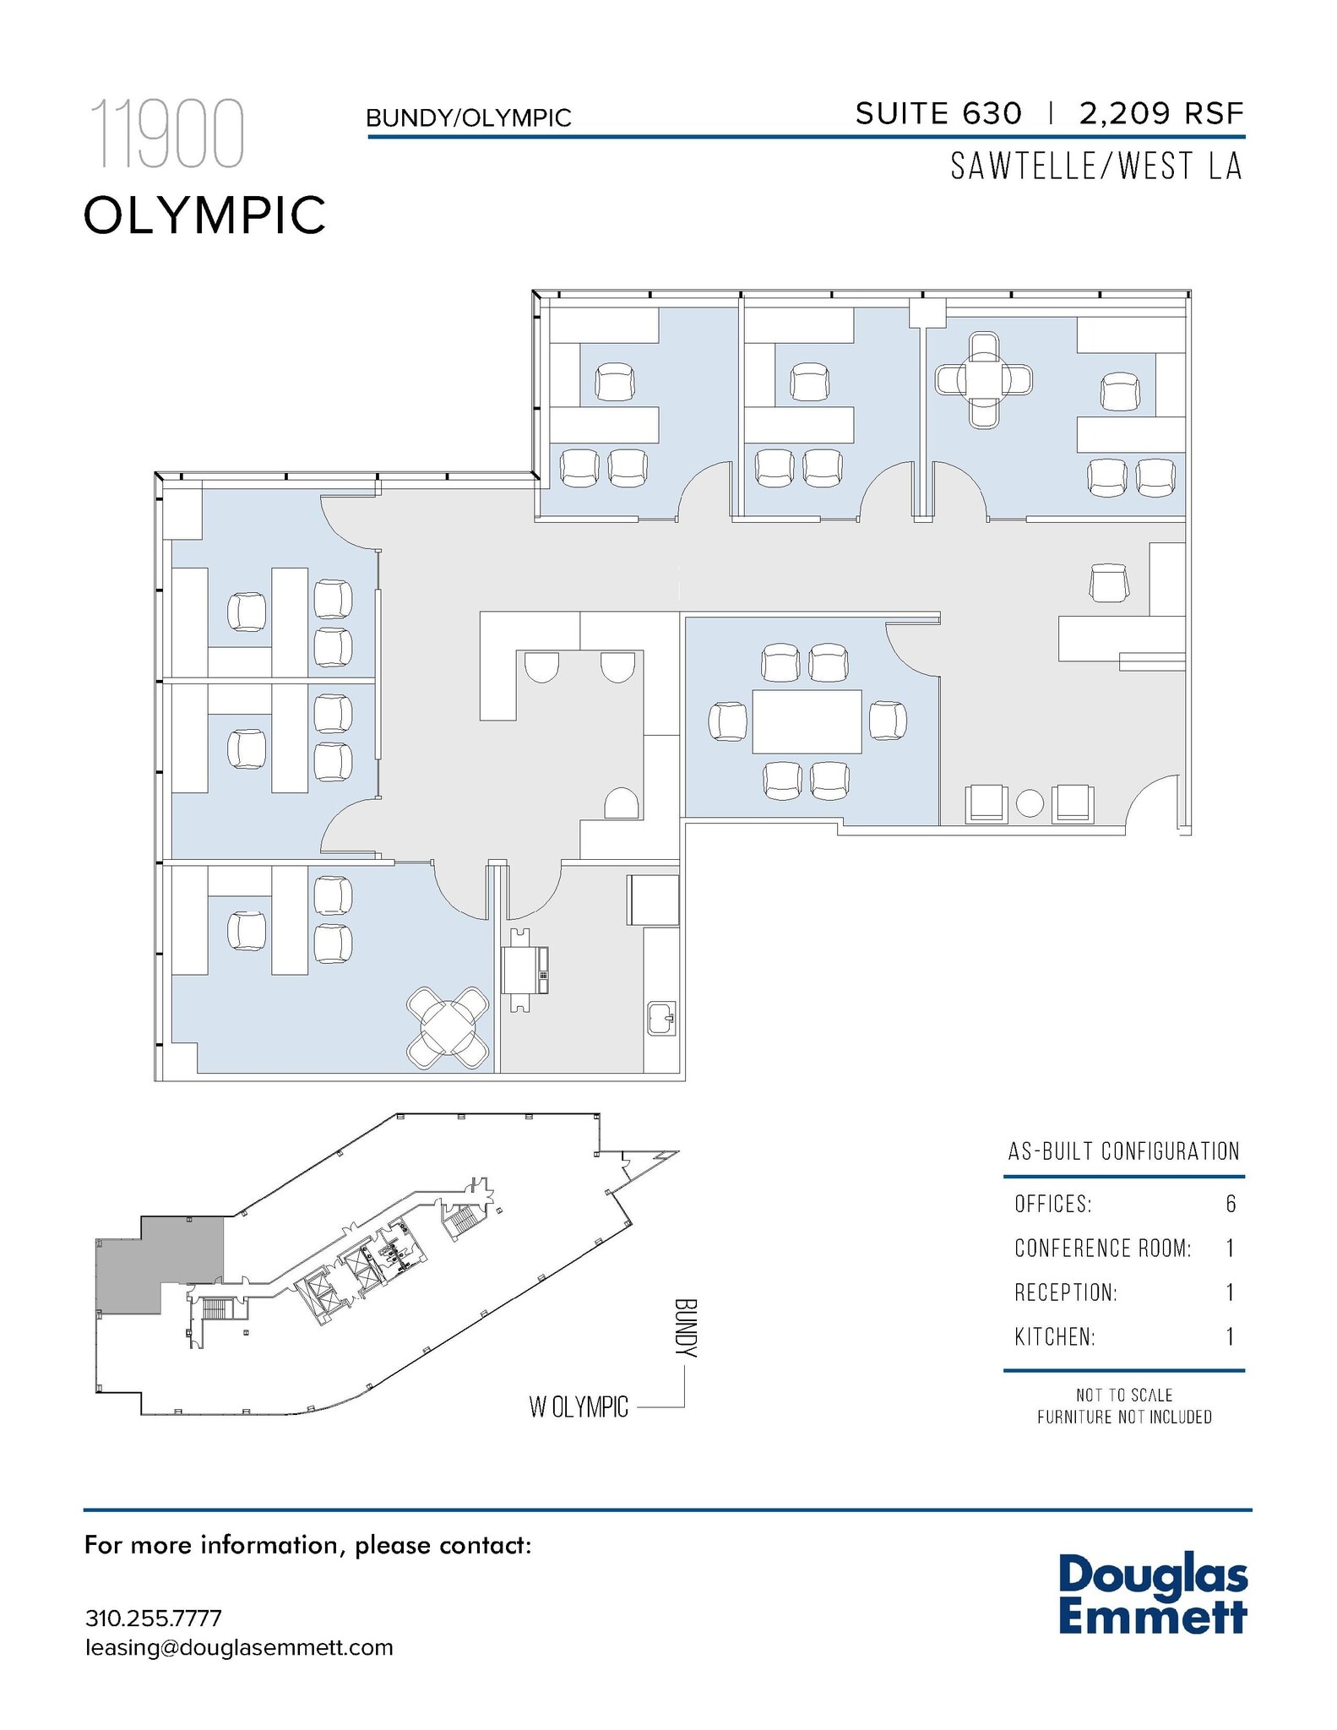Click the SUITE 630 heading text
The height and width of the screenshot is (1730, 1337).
coord(938,113)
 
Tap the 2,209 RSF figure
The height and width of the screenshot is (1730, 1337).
coord(1160,113)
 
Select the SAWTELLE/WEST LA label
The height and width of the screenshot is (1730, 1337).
coord(1095,166)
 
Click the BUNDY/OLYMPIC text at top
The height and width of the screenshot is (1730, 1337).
coord(468,118)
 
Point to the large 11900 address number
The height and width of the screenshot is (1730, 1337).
coord(166,134)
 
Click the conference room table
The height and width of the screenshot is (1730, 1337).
coord(807,721)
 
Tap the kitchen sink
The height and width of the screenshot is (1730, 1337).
coord(661,1018)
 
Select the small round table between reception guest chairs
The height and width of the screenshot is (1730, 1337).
coord(1030,802)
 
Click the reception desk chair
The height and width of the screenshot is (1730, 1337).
coord(1110,583)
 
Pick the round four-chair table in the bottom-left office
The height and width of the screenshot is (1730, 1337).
coord(448,1026)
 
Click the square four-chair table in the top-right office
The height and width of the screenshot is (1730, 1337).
coord(984,380)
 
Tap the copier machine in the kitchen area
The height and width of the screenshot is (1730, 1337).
coord(524,970)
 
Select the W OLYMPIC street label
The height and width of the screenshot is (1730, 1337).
coord(579,1406)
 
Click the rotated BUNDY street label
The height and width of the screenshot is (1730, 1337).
coord(686,1327)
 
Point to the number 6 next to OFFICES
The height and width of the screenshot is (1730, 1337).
coord(1230,1204)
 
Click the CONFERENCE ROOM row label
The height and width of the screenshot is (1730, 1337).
coord(1102,1249)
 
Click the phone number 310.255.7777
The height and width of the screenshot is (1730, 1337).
coord(153,1618)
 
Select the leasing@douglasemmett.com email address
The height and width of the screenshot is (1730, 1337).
coord(239,1647)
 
